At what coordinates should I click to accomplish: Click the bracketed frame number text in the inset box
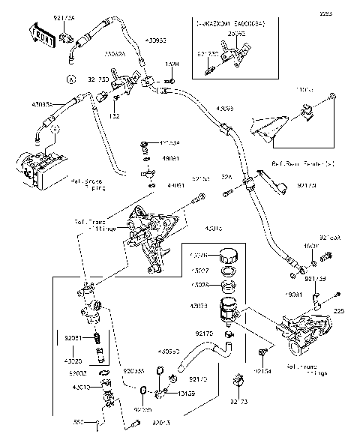point(225,25)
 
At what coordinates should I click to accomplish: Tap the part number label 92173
point(239,402)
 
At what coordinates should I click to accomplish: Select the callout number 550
point(79,422)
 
